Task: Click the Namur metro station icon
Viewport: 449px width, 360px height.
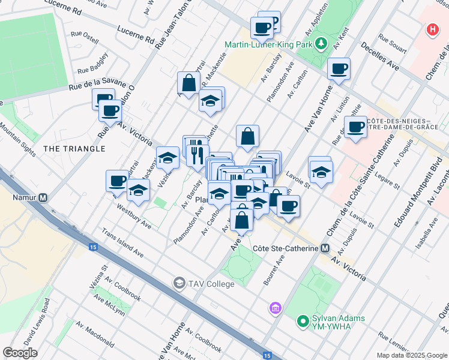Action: [x=43, y=197]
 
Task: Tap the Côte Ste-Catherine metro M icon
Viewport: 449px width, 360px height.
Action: [x=325, y=248]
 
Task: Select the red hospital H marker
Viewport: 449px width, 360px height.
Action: [x=431, y=29]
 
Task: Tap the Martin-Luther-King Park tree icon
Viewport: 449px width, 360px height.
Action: [x=322, y=44]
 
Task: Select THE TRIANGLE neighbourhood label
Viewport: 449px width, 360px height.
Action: [x=74, y=148]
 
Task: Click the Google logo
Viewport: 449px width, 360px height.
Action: [x=20, y=352]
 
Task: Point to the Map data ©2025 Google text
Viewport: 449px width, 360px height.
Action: [x=411, y=355]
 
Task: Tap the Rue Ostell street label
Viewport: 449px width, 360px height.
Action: [x=85, y=37]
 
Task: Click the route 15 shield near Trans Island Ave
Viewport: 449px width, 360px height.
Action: [x=93, y=247]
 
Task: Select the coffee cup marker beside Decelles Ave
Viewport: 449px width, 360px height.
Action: [x=339, y=69]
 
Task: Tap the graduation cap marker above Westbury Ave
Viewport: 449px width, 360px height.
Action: [x=138, y=190]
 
